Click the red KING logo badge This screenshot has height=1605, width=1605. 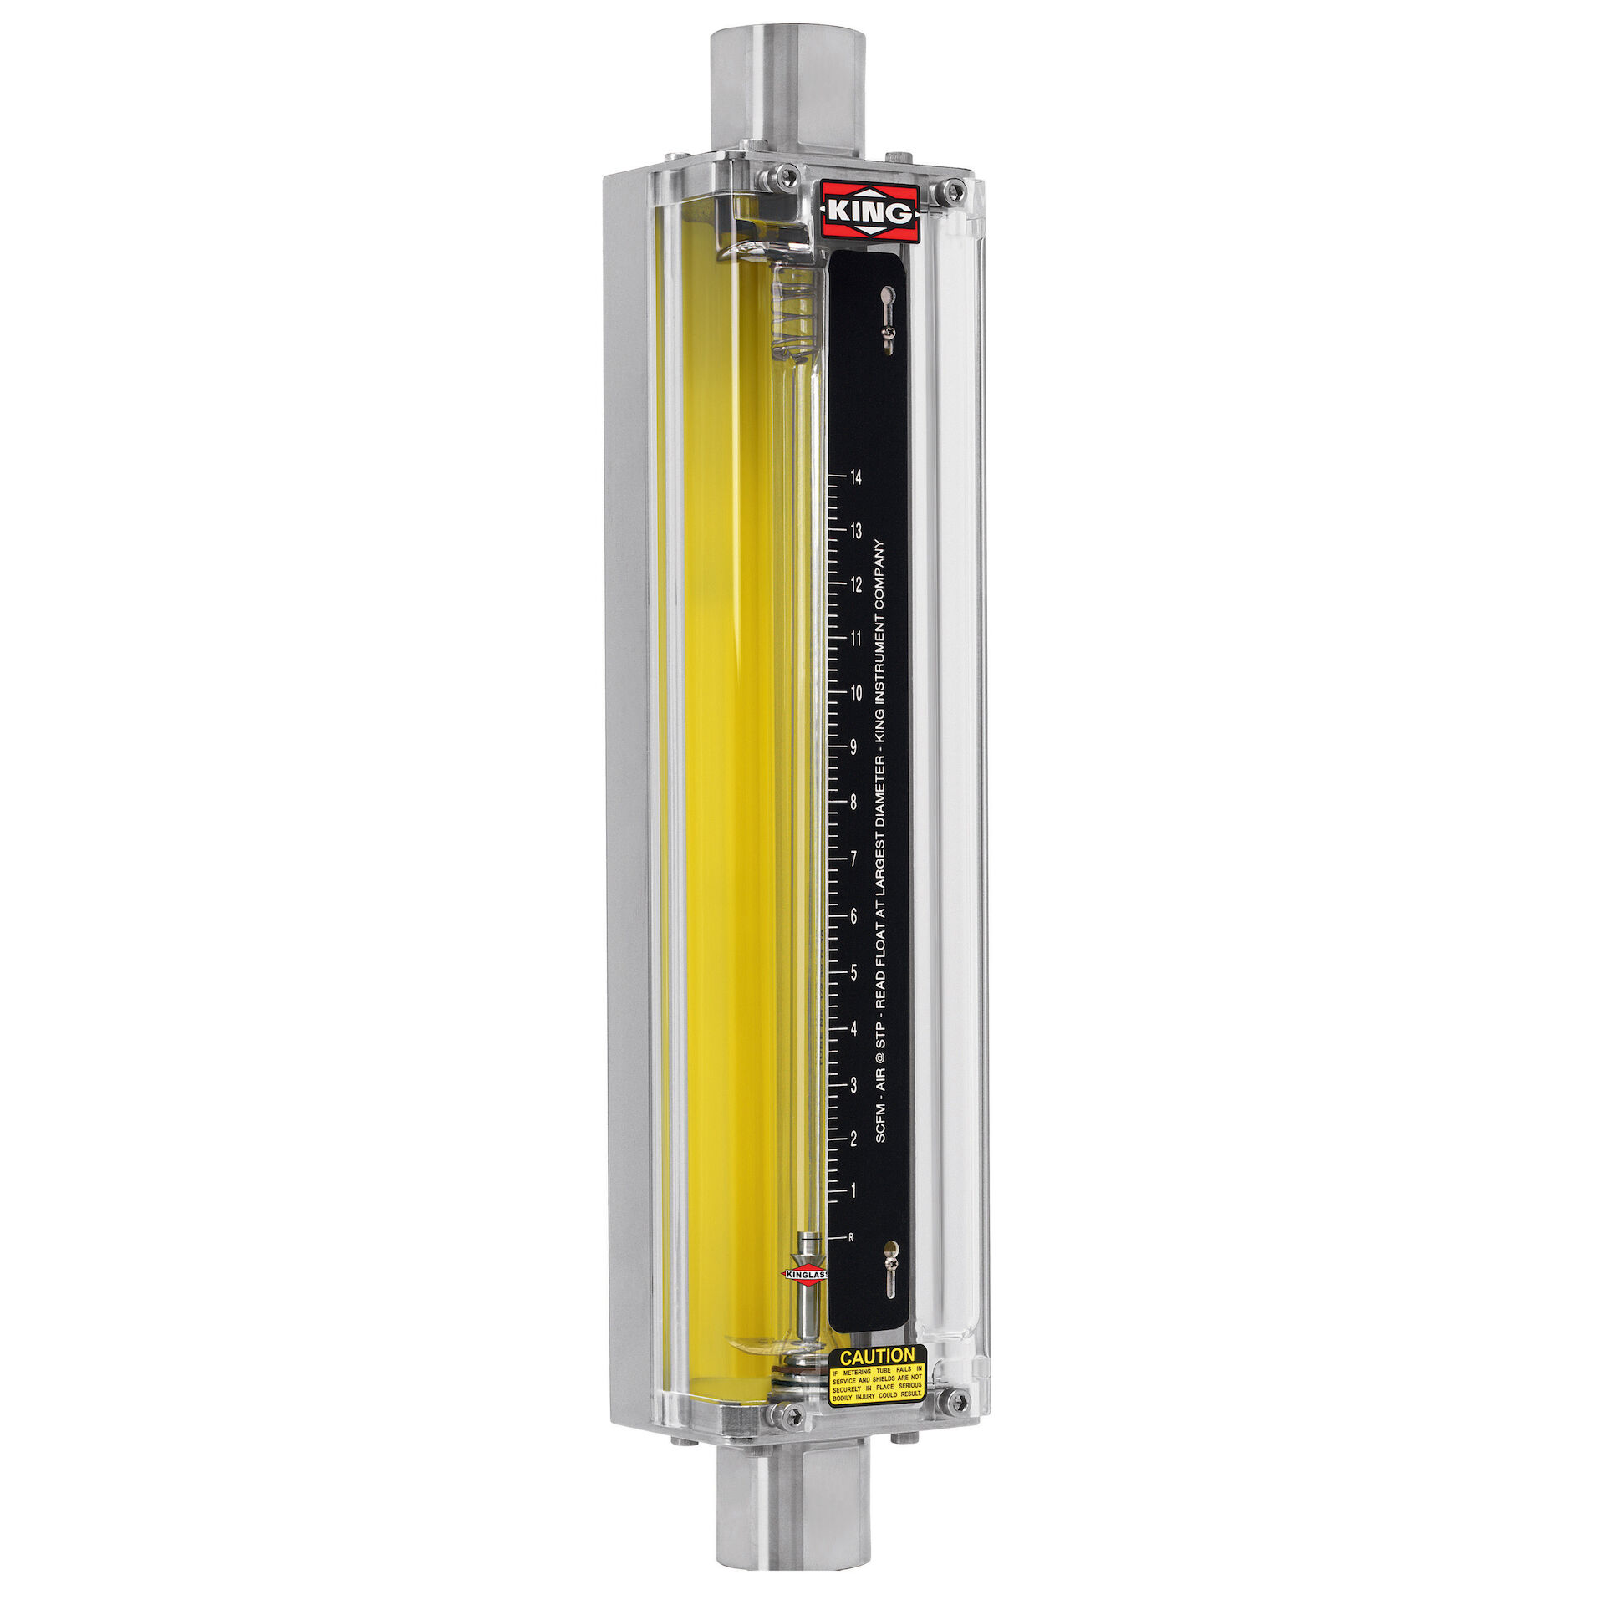pos(869,212)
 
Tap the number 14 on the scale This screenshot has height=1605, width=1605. pos(855,477)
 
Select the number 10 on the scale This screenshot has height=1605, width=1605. pos(855,693)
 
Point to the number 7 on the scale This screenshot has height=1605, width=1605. pos(853,859)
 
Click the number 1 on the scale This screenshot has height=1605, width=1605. pos(853,1190)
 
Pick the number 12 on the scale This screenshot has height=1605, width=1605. pos(855,585)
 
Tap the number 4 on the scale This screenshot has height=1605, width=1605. pos(853,1028)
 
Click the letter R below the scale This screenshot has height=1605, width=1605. pos(851,1237)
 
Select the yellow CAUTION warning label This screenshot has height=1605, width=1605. pos(877,1377)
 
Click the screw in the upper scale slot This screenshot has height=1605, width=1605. pos(890,334)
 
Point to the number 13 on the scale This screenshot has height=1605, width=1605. pos(855,531)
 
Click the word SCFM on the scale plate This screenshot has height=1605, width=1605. pos(880,1123)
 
